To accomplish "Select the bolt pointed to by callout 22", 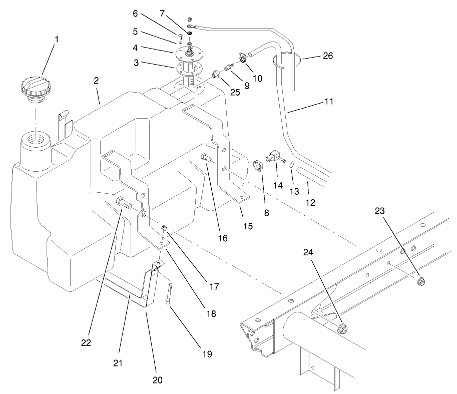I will point(123,203).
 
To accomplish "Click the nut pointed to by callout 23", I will point(421,281).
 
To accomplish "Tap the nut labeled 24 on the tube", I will point(343,328).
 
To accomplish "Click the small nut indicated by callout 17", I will point(164,229).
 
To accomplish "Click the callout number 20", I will point(158,380).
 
